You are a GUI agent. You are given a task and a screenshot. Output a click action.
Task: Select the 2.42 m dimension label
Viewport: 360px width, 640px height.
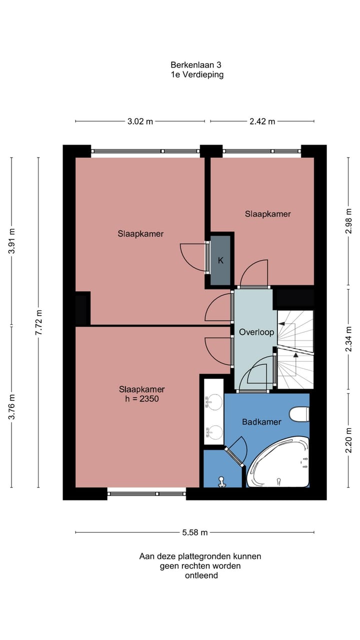[x=261, y=121]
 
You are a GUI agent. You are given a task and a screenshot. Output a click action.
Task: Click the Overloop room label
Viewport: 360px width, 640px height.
[x=256, y=332]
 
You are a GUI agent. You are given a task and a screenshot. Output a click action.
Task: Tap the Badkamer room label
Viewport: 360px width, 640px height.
[x=261, y=422]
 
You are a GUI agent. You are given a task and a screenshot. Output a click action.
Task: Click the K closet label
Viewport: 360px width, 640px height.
[x=220, y=260]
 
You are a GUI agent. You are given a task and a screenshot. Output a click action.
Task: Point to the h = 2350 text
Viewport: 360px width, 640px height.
[x=142, y=399]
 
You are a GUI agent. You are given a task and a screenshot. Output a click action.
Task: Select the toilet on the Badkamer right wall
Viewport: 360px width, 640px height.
[x=300, y=414]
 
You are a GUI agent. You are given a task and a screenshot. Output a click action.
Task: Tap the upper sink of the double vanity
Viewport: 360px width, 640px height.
[x=215, y=400]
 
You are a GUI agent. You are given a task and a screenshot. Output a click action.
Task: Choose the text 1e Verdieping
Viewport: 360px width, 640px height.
[x=196, y=75]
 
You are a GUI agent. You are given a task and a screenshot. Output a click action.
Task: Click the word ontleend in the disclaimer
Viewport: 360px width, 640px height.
[x=201, y=575]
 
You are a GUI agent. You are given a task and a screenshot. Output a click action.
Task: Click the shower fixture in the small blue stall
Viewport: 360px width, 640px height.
[x=221, y=481]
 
